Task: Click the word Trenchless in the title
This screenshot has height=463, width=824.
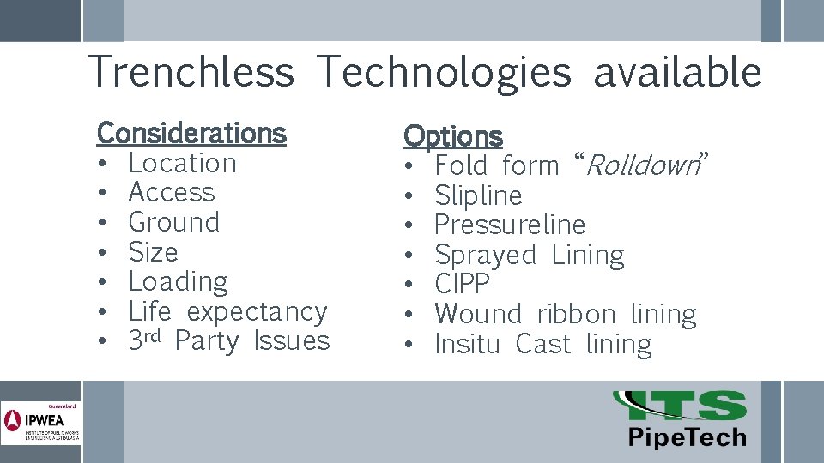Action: (191, 72)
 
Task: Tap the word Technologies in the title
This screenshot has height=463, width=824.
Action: (443, 72)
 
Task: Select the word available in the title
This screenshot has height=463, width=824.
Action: (677, 72)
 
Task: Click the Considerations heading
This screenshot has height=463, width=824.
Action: (191, 133)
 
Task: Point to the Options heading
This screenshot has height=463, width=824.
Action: (452, 136)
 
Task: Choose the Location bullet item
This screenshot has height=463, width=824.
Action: (182, 163)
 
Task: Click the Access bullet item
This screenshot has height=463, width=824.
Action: (171, 193)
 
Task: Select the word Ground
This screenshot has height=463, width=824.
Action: (173, 222)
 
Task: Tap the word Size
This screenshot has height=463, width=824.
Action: (153, 252)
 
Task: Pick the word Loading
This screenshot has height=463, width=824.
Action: (178, 282)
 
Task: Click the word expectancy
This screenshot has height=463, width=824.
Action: (257, 312)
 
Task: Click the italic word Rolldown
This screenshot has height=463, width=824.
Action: (640, 165)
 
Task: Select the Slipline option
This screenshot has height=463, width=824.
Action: (478, 195)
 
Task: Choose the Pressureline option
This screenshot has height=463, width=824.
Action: (510, 225)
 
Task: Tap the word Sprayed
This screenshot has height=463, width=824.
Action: (485, 256)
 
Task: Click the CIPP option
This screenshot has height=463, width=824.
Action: (462, 284)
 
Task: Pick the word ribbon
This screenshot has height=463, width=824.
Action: (576, 314)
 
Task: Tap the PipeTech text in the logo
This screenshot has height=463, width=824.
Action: (687, 437)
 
